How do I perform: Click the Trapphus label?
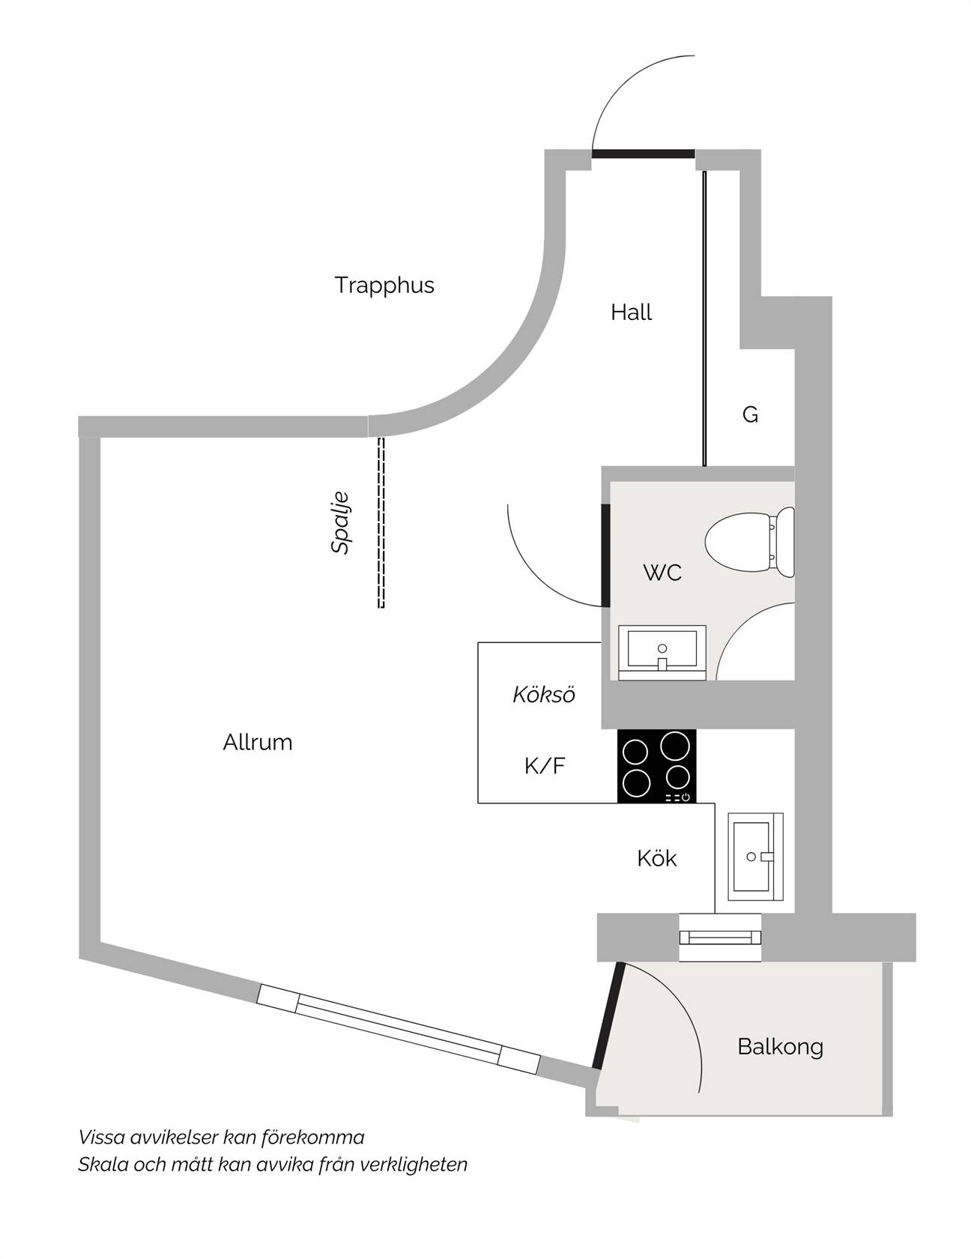pyautogui.click(x=384, y=286)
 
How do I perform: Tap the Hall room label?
pyautogui.click(x=631, y=313)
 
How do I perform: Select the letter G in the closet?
pyautogui.click(x=750, y=414)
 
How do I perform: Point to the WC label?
pyautogui.click(x=662, y=573)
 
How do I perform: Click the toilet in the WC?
pyautogui.click(x=750, y=543)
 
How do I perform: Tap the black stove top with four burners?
pyautogui.click(x=656, y=766)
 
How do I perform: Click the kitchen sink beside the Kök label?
pyautogui.click(x=755, y=857)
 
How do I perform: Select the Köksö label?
pyautogui.click(x=544, y=695)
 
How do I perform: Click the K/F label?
pyautogui.click(x=545, y=766)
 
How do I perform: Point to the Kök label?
pyautogui.click(x=656, y=858)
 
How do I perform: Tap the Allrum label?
pyautogui.click(x=258, y=743)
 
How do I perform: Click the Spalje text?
pyautogui.click(x=340, y=522)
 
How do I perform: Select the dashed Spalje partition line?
pyautogui.click(x=381, y=522)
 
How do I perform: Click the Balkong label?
pyautogui.click(x=780, y=1047)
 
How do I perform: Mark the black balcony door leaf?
pyautogui.click(x=608, y=1015)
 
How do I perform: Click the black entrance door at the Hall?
pyautogui.click(x=644, y=154)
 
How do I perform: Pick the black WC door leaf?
pyautogui.click(x=605, y=555)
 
